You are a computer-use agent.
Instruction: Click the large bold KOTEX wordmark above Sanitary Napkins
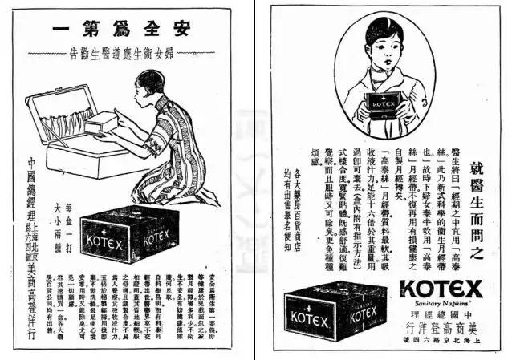click(441, 288)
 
